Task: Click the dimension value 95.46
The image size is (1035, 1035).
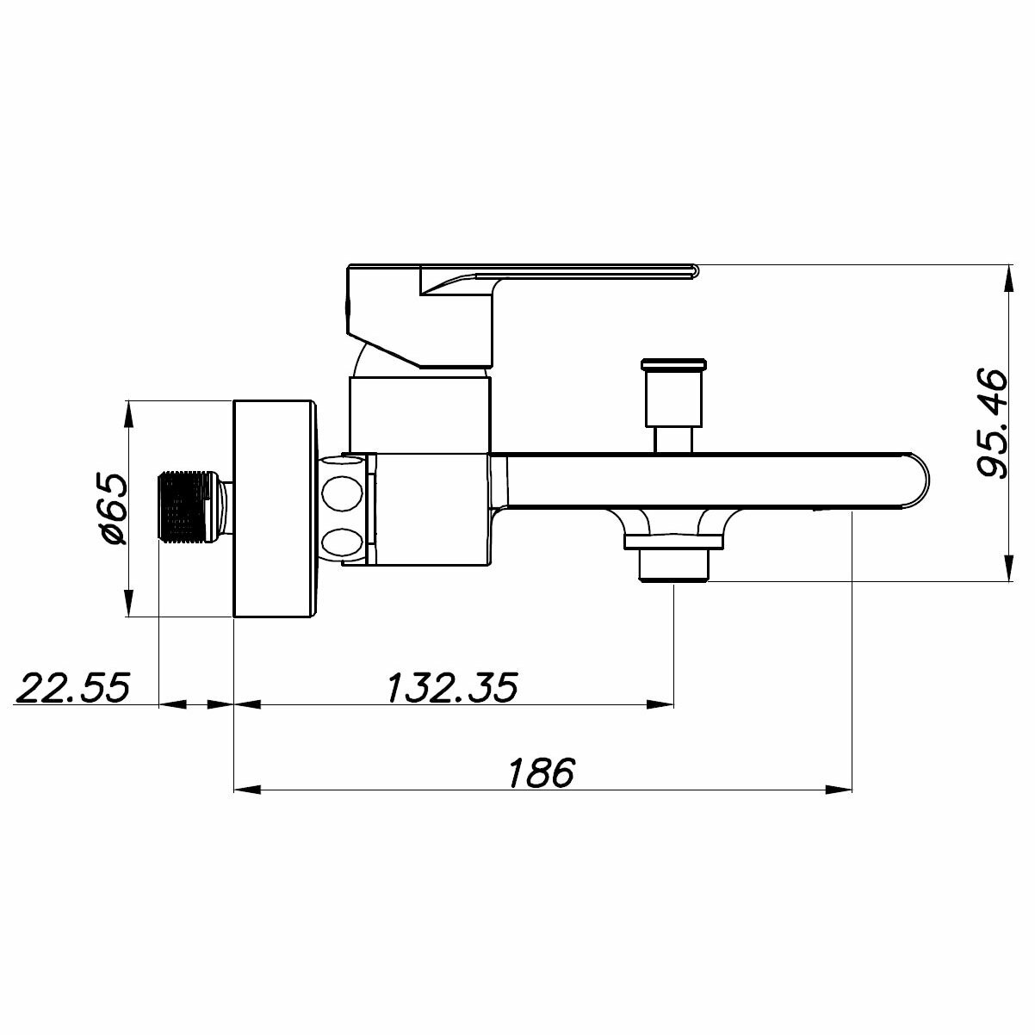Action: click(x=991, y=423)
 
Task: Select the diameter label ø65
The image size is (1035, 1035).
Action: click(x=115, y=509)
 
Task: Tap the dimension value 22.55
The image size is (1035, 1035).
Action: click(x=72, y=687)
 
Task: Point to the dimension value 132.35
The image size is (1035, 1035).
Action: click(x=452, y=687)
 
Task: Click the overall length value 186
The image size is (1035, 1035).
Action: click(x=541, y=772)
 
